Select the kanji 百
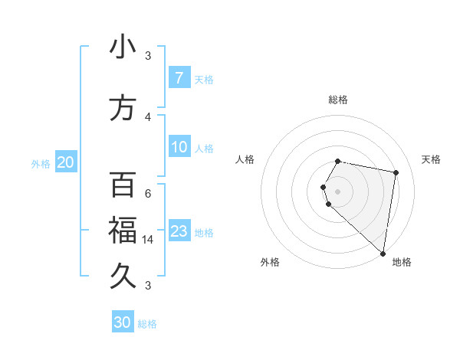click(123, 186)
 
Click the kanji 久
click(123, 274)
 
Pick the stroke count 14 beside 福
click(147, 240)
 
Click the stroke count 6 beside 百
click(147, 193)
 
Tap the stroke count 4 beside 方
click(147, 116)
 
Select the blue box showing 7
click(179, 77)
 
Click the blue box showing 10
click(179, 147)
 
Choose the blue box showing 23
click(179, 231)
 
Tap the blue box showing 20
click(65, 162)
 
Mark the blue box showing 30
click(122, 322)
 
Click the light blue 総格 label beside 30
click(147, 324)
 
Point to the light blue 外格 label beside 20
click(41, 163)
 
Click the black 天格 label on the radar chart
click(431, 159)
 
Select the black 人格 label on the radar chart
click(245, 159)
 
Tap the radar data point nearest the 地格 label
click(383, 254)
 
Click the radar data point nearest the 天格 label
click(396, 173)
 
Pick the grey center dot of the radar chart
click(337, 191)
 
